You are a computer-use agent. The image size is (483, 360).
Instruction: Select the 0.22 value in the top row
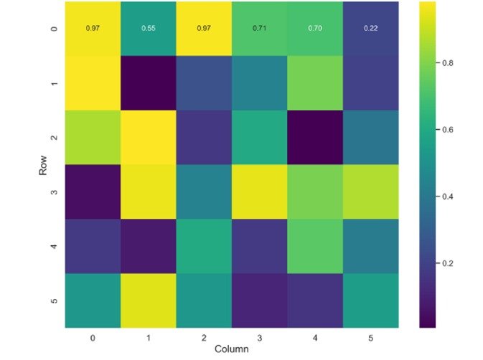tap(372, 28)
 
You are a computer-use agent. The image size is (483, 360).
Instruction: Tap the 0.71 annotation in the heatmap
tap(258, 28)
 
